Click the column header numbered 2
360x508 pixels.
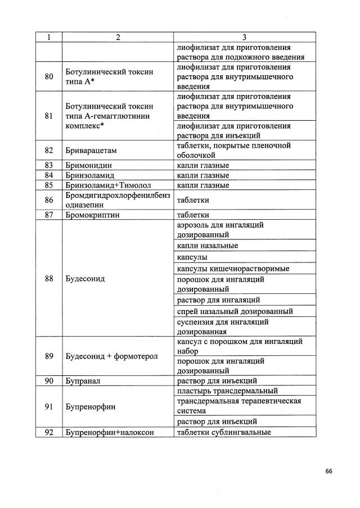tap(118, 38)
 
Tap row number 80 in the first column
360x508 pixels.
tap(49, 76)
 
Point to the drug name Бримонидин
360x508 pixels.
tap(89, 165)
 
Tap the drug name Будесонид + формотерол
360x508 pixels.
tap(112, 356)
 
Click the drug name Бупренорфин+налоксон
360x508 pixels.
tap(110, 432)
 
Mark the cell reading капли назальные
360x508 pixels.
tap(207, 246)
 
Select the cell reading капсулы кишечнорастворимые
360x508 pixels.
tap(233, 269)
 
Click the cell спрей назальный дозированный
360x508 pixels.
tap(235, 311)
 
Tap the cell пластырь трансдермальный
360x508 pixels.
tap(227, 391)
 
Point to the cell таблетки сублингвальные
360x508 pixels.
tap(224, 432)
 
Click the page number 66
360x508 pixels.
tap(328, 471)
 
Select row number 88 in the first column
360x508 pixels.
tap(49, 278)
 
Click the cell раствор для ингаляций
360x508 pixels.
tap(218, 300)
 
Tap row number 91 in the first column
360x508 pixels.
tap(49, 406)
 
